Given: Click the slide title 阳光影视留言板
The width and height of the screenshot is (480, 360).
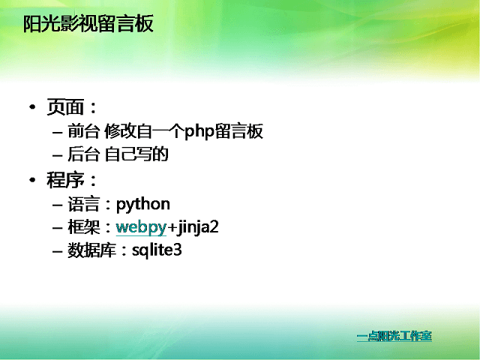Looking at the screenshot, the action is click(88, 24).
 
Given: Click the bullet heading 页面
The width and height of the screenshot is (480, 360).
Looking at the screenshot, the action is click(65, 106).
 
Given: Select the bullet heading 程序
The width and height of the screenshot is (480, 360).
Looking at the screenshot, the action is click(65, 180).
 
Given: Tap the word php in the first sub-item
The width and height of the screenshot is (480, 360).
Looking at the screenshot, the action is click(199, 132).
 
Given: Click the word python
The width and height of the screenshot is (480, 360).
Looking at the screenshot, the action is click(143, 205).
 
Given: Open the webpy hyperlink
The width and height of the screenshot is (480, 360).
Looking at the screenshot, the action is click(141, 227).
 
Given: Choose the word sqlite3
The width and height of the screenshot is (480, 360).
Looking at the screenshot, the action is click(157, 250).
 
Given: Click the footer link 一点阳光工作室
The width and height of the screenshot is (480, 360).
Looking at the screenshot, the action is click(394, 336).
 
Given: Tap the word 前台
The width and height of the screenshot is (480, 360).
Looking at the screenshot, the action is click(83, 131).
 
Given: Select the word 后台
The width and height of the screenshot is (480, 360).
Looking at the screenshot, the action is click(83, 154).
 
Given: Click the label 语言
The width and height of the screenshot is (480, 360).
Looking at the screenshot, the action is click(83, 204).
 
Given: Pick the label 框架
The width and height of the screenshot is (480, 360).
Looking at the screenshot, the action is click(83, 227).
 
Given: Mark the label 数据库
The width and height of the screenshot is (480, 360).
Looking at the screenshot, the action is click(91, 250).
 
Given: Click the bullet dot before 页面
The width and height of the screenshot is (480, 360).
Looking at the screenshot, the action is click(32, 107).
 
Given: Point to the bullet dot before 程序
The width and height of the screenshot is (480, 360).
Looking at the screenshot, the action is click(32, 180).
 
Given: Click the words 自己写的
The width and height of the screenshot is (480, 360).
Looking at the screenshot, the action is click(136, 154).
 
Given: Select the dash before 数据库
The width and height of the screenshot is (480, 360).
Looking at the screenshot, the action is click(58, 252).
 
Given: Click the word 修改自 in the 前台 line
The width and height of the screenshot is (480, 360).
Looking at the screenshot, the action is click(128, 131).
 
